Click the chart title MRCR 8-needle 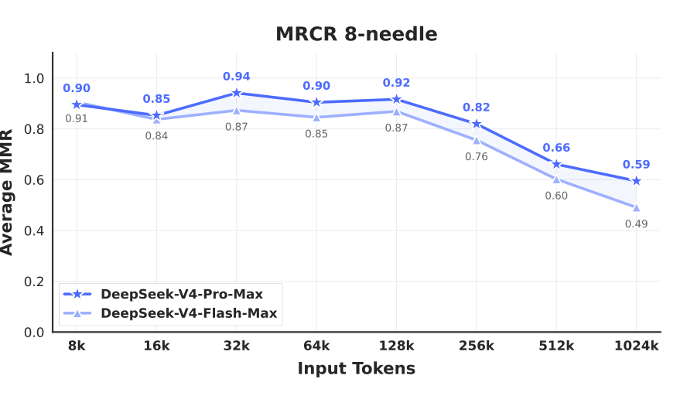tap(357, 35)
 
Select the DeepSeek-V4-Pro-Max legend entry tap(182, 294)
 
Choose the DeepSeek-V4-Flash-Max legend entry tap(189, 313)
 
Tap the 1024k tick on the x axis tap(636, 346)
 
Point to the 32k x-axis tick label tap(237, 346)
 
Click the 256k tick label tap(477, 346)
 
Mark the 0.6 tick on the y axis tap(34, 180)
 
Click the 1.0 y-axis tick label tap(34, 78)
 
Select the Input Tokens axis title tap(357, 369)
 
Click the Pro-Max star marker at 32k tap(237, 93)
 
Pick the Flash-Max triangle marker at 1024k tap(636, 207)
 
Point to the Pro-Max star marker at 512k tap(556, 164)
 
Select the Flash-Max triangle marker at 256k tap(477, 139)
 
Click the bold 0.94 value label tap(237, 77)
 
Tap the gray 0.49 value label tap(636, 224)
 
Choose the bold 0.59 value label tap(636, 165)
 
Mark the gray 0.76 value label tap(477, 156)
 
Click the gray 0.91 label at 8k tap(77, 119)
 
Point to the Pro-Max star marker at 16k tap(157, 115)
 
